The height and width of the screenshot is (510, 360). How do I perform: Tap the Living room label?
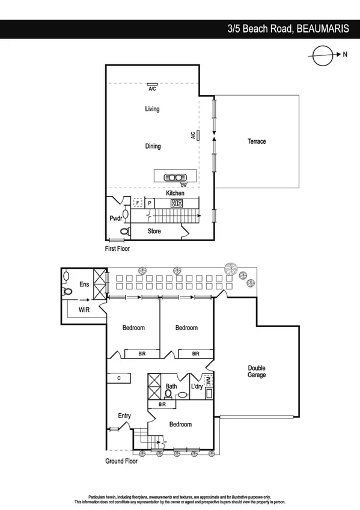[x=152, y=109]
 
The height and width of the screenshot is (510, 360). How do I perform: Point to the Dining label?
[x=153, y=146]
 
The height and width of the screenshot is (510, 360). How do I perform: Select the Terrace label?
[x=257, y=141]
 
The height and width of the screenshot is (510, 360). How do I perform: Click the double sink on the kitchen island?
[x=175, y=177]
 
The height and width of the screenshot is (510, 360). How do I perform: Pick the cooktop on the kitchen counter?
[x=177, y=203]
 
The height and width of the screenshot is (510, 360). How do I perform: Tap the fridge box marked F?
[x=138, y=203]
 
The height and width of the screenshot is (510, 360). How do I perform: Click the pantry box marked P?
[x=150, y=203]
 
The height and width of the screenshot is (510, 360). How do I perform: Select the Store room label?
[x=154, y=231]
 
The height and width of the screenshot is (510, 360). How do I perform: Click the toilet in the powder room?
[x=125, y=231]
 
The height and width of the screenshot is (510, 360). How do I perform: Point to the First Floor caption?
[x=117, y=248]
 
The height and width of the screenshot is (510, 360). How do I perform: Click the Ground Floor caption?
[x=122, y=461]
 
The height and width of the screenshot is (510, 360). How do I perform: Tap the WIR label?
[x=85, y=310]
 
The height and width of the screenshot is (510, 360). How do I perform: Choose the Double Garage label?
[x=257, y=372]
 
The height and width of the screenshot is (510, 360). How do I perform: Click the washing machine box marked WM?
[x=209, y=380]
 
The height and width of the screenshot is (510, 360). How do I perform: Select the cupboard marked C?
[x=120, y=378]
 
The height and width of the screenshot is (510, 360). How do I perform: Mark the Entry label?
[x=124, y=416]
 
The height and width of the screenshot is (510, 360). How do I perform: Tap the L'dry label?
[x=197, y=386]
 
